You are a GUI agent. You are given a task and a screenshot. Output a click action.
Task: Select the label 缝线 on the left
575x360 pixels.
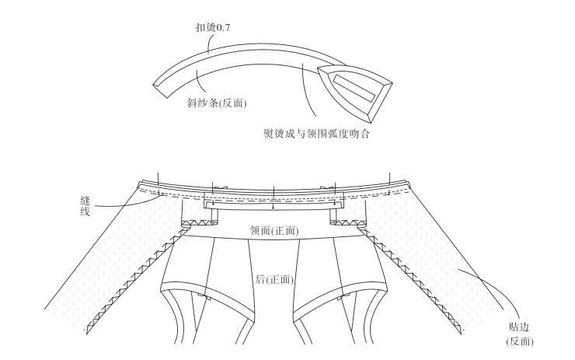pos(85,203)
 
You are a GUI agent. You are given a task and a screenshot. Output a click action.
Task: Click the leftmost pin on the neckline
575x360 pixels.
pos(157,179)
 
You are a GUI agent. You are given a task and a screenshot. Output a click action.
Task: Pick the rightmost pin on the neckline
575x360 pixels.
pos(389,179)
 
